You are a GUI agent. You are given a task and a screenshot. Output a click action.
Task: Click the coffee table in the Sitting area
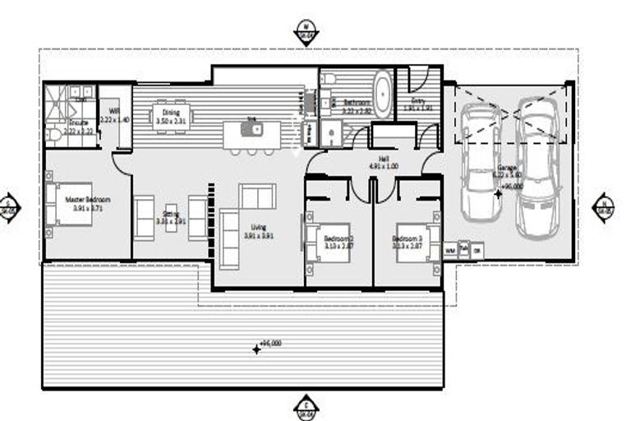[171, 217]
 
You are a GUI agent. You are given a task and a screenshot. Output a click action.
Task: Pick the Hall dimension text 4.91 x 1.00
[384, 166]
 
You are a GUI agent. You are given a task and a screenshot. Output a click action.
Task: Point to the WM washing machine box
[450, 249]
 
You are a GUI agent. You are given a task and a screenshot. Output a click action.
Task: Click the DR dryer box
[477, 249]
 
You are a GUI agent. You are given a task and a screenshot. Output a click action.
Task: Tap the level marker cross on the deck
[256, 349]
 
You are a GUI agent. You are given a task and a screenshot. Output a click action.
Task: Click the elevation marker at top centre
[306, 33]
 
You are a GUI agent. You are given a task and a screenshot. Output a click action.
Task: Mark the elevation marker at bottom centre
[306, 406]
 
